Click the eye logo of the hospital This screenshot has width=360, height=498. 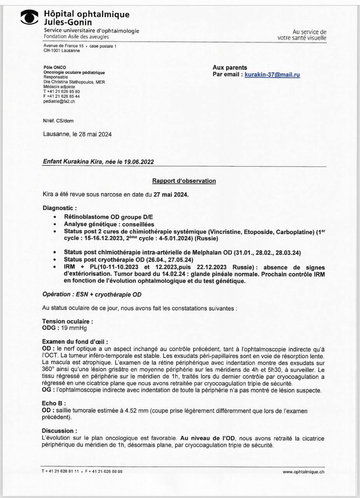point(30,18)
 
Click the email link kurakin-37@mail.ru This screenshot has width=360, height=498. point(272,74)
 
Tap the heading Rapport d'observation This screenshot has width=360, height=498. point(184,181)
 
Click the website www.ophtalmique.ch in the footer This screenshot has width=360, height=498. point(303,472)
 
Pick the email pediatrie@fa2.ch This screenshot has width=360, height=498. point(59,101)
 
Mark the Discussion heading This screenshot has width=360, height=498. point(59,431)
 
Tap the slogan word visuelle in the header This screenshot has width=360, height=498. point(317,38)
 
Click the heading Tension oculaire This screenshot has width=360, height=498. point(67,321)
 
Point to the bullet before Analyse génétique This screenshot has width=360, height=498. point(56,224)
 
